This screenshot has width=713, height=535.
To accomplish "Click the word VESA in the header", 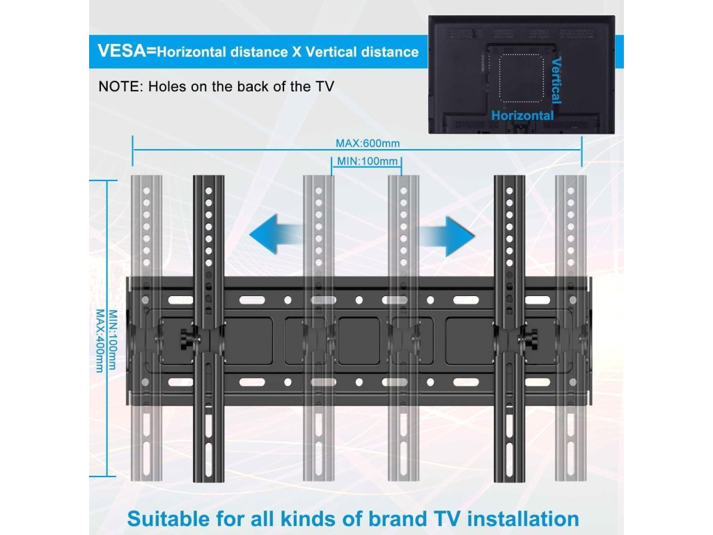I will pos(125,51).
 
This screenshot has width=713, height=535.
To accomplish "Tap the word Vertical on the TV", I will pos(556,81).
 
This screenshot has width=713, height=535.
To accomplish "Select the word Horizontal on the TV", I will pos(523,116).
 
